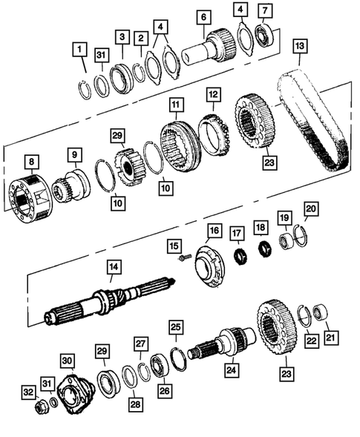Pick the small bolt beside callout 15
tap(180, 257)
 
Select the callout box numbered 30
tap(68, 361)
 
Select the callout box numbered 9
tap(75, 156)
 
